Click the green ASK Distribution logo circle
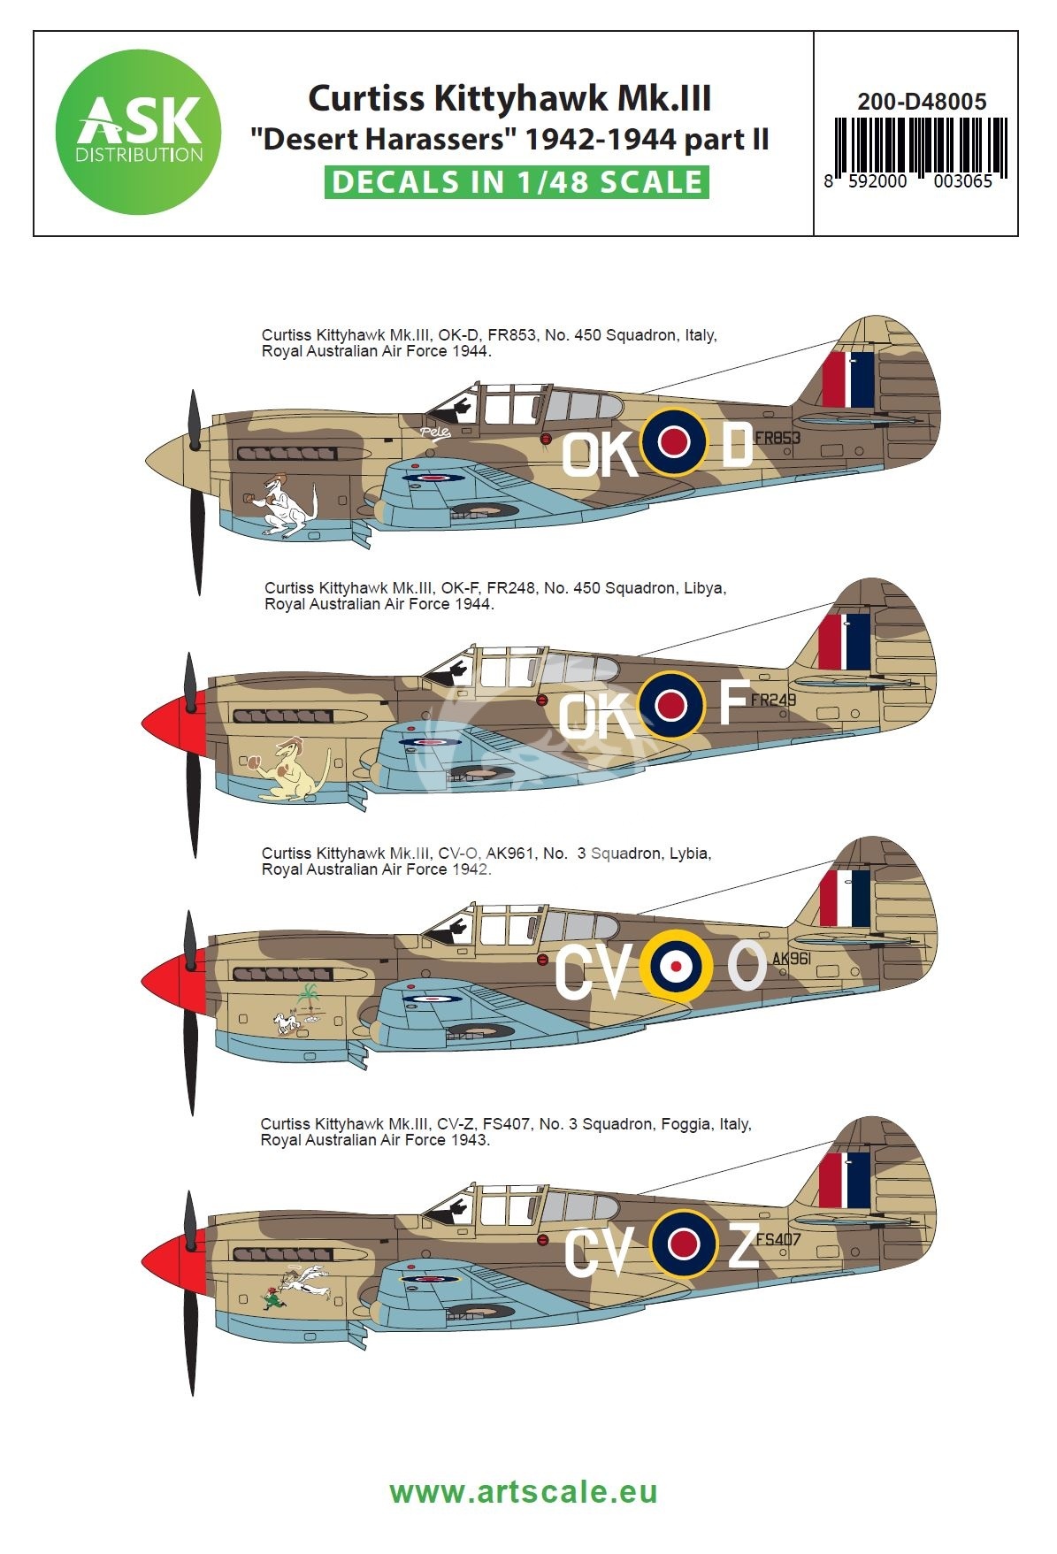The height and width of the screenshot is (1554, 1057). (x=137, y=133)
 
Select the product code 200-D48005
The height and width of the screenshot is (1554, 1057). (x=922, y=102)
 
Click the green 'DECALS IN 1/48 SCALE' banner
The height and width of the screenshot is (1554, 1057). (x=516, y=181)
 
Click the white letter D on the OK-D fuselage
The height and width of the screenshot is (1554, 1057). (x=737, y=446)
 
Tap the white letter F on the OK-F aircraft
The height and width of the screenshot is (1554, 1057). (x=733, y=703)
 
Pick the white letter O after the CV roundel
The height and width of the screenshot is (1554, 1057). (x=747, y=965)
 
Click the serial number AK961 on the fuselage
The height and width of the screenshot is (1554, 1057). (x=792, y=959)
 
